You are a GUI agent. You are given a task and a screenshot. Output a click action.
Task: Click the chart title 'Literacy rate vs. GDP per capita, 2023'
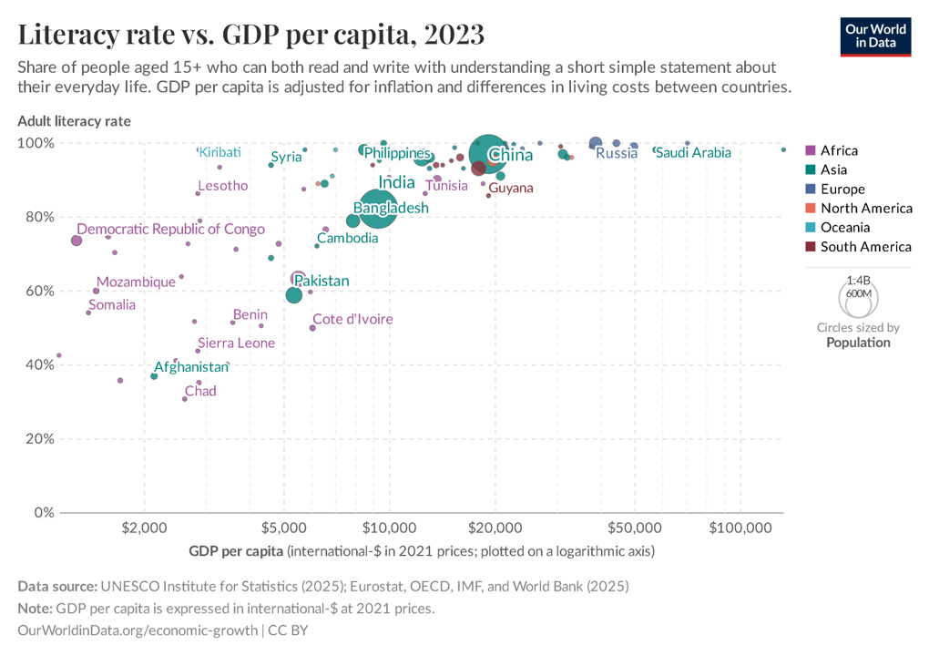click(x=250, y=35)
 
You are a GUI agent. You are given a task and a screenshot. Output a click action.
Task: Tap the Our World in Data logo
click(x=875, y=36)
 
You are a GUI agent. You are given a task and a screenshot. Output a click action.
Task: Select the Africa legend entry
click(x=838, y=150)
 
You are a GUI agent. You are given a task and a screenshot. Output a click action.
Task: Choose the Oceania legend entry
click(x=844, y=227)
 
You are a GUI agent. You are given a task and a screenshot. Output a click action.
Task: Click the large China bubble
click(x=490, y=154)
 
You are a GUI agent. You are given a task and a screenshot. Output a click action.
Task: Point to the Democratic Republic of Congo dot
click(x=77, y=241)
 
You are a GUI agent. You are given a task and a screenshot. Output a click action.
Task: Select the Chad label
click(x=200, y=391)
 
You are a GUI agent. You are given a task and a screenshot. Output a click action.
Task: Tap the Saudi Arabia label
click(x=692, y=153)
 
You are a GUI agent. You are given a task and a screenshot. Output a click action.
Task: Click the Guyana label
click(x=511, y=188)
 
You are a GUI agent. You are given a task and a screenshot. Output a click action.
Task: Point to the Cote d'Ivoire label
click(x=352, y=319)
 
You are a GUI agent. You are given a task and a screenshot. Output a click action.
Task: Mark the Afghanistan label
click(x=191, y=366)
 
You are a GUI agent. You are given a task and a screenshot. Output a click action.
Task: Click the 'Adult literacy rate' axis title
click(x=74, y=120)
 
